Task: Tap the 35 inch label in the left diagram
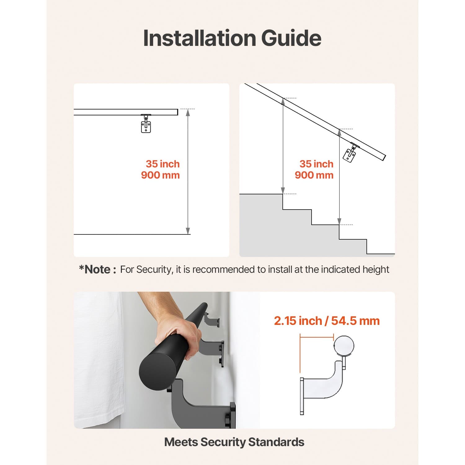(162, 164)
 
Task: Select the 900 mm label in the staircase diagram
(314, 175)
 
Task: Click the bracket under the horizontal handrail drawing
(146, 124)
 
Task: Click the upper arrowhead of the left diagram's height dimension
(188, 113)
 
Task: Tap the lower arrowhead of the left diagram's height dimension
(188, 231)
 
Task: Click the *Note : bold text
(97, 269)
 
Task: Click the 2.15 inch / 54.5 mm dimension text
(326, 321)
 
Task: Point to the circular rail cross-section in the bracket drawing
(343, 346)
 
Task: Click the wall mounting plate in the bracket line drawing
(302, 396)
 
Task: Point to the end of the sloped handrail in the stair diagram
(384, 157)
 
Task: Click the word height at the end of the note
(377, 269)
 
